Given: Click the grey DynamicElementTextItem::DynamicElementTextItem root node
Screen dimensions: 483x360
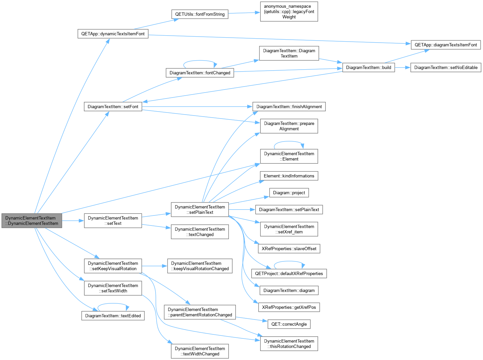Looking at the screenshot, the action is [32, 220].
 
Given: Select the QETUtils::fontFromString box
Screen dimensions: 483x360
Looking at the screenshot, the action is [200, 14].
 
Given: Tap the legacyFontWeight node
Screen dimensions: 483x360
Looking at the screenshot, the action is [289, 12].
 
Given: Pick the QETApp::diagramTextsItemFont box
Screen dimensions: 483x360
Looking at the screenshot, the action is [446, 45].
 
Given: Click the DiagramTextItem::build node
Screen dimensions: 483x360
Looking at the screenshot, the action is [368, 68].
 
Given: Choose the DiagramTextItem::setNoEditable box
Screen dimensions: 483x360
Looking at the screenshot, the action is [446, 68].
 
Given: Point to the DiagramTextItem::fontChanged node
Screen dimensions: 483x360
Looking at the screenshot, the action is [200, 73].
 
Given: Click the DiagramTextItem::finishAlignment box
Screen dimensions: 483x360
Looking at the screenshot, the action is [289, 107].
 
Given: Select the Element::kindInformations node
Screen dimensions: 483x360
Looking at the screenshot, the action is [289, 176].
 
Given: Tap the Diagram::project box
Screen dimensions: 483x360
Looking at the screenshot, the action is [289, 193].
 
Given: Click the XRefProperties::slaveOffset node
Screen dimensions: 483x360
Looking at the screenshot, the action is [289, 249].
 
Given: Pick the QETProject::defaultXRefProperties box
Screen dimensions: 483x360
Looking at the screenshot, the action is [289, 273].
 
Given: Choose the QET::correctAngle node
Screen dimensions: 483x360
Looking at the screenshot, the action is [289, 324].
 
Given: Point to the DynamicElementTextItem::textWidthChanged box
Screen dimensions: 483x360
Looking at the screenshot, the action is [200, 351].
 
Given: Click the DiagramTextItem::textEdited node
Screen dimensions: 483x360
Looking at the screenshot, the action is [113, 316].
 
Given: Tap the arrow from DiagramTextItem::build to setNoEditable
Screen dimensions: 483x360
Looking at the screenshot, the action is [402, 68].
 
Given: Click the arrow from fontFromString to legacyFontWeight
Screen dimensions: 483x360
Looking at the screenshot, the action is [244, 13].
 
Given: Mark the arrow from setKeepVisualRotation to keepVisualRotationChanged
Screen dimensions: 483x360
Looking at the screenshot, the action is [155, 266].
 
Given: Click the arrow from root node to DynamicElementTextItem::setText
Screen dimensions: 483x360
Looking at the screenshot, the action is [73, 220].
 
